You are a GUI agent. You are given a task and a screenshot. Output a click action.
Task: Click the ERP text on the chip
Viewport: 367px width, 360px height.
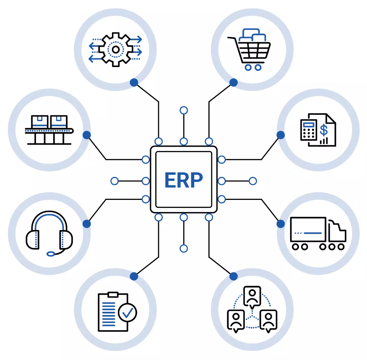[x=183, y=180]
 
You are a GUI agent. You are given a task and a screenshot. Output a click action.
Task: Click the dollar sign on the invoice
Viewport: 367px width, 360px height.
[x=324, y=129]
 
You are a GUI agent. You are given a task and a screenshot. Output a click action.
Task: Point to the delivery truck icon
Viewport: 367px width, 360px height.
[x=318, y=233]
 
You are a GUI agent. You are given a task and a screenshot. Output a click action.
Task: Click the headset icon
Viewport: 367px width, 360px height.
[x=49, y=233]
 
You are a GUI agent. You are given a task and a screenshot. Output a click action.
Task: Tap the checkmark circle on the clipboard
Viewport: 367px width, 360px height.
[x=128, y=312]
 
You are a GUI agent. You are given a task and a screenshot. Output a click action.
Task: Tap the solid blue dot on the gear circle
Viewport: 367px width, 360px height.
[x=134, y=83]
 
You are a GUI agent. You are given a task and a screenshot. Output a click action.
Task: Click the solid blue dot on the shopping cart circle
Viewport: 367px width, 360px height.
[x=234, y=83]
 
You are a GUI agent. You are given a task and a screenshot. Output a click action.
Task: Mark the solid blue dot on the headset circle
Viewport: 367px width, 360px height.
[x=87, y=224]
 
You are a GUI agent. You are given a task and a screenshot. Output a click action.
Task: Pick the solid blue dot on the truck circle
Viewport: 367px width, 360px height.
[x=281, y=224]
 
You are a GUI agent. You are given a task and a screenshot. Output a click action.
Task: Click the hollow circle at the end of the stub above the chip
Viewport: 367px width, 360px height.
[x=184, y=111]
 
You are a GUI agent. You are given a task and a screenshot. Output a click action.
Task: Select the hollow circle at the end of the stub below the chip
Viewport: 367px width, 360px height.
[x=184, y=249]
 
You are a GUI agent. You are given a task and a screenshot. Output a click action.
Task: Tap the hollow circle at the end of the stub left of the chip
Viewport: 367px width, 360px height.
[x=115, y=181]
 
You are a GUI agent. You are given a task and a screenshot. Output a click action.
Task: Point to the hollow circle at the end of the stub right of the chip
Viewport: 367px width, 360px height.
[x=252, y=181]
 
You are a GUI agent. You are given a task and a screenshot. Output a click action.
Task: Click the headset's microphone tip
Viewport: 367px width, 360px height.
[x=51, y=253]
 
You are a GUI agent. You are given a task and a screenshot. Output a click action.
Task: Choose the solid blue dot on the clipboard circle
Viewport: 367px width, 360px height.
[x=134, y=276]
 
